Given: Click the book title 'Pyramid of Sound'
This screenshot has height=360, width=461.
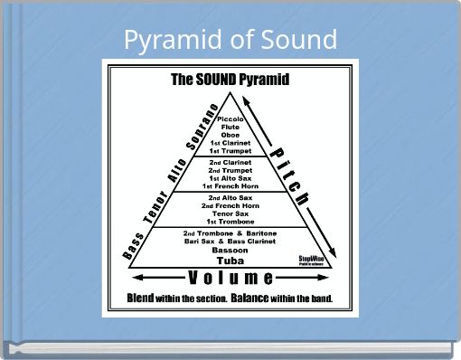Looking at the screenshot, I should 230,40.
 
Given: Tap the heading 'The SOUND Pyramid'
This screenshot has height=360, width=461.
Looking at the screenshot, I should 230,79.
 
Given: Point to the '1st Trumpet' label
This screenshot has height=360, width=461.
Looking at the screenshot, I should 230,151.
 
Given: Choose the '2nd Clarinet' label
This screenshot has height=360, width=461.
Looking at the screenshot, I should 230,163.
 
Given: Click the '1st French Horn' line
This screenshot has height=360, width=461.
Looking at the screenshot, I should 230,186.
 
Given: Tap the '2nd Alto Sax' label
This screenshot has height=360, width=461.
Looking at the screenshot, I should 230,197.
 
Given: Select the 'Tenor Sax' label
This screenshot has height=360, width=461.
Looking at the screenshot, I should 230,213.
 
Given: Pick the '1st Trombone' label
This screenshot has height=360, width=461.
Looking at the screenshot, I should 230,222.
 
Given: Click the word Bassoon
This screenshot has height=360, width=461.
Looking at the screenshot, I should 230,251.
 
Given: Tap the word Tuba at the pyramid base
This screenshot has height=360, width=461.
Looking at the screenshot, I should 230,261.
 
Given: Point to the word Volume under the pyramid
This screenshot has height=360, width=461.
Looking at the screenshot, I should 230,277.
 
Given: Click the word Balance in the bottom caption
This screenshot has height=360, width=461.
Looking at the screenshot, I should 257,298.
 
